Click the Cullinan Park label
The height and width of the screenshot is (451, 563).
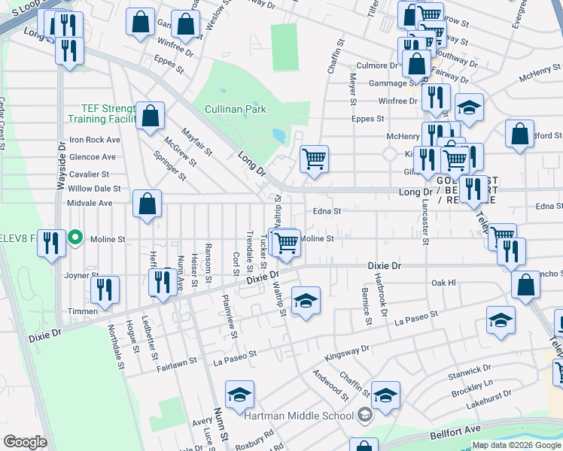(235, 109)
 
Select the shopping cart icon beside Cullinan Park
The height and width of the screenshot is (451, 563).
(314, 159)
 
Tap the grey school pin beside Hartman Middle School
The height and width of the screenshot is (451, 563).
(364, 415)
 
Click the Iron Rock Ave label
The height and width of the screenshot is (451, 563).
(95, 140)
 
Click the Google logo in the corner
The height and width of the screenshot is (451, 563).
(25, 442)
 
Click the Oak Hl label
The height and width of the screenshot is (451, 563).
(443, 283)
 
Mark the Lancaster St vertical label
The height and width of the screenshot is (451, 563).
(425, 222)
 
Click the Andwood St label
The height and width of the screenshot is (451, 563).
(330, 383)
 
